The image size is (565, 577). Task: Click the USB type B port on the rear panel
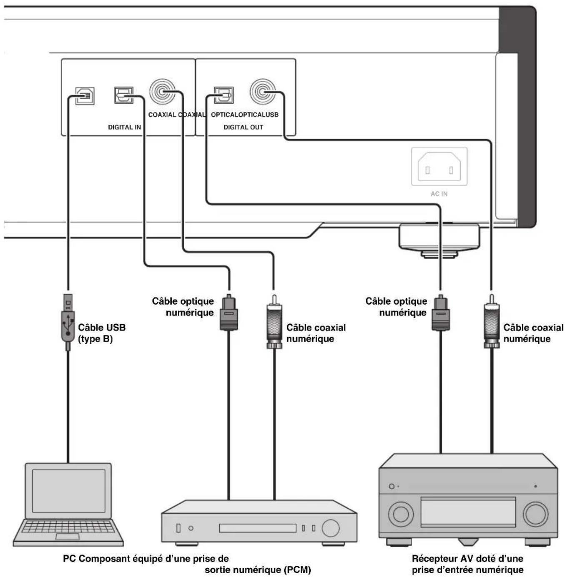tap(85, 96)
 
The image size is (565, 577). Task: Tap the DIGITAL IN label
tap(124, 127)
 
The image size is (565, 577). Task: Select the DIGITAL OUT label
tap(243, 127)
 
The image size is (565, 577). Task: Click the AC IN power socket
tap(439, 167)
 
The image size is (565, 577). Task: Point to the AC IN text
tap(439, 194)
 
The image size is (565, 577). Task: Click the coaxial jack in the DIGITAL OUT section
tap(263, 91)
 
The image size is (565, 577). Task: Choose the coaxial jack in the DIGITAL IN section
tap(162, 91)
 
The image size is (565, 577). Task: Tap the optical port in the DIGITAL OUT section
tap(224, 95)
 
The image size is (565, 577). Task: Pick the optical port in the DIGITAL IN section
tap(124, 95)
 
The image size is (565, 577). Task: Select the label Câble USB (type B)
tap(102, 333)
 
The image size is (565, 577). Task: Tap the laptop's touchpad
tap(67, 536)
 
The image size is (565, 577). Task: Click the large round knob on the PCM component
tap(330, 527)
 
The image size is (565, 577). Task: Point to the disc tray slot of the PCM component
tap(257, 528)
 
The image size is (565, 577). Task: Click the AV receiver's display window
tap(468, 512)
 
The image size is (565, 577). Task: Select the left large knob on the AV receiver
tap(401, 514)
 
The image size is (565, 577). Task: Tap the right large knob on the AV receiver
tap(536, 514)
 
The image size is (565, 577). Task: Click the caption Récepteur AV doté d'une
tap(467, 558)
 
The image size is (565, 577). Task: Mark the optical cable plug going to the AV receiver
tap(440, 312)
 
